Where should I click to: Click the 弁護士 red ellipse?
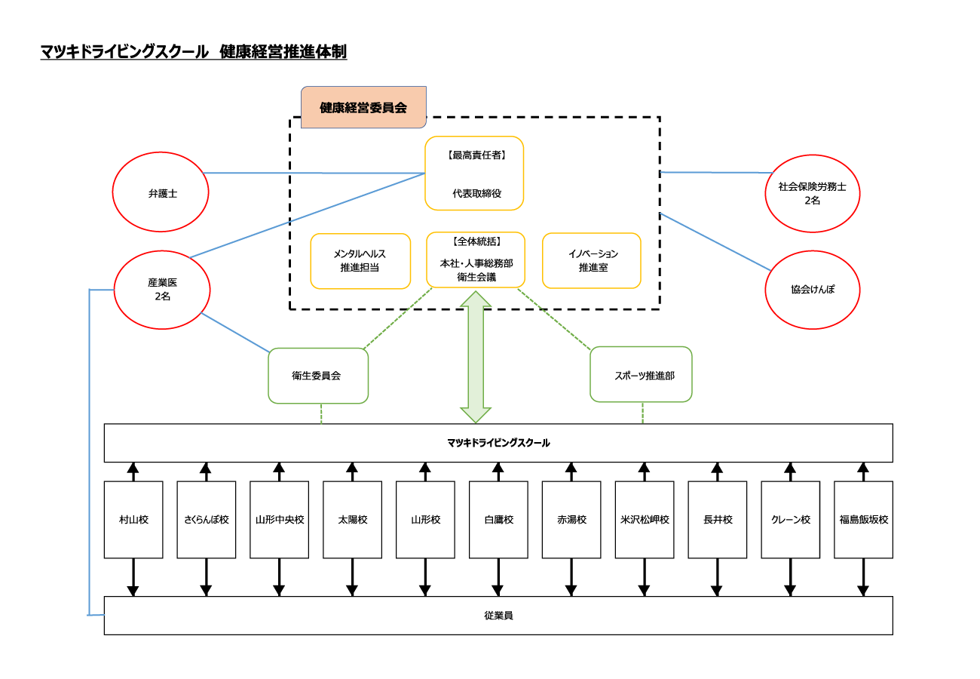pos(161,192)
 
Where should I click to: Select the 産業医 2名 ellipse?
pos(161,290)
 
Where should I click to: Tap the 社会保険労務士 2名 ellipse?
pos(813,194)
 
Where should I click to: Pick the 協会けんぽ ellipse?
pos(813,290)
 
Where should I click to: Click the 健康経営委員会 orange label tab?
pos(363,107)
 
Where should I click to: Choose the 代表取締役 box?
pos(474,173)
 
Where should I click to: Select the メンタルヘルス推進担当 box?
pos(360,261)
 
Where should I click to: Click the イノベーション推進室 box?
pos(592,260)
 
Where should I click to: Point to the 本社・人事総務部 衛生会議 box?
pos(476,260)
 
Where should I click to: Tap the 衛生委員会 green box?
pos(318,375)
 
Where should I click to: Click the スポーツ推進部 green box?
pos(641,374)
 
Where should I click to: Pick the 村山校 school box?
pos(133,520)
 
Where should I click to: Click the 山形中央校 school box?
pos(280,520)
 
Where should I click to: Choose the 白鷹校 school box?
pos(498,520)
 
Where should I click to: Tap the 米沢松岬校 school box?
pos(645,520)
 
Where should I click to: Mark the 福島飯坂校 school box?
pos(864,520)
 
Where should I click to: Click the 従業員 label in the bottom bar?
pos(498,616)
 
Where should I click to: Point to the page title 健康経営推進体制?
pos(283,52)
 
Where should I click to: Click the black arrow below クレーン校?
pos(791,577)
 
